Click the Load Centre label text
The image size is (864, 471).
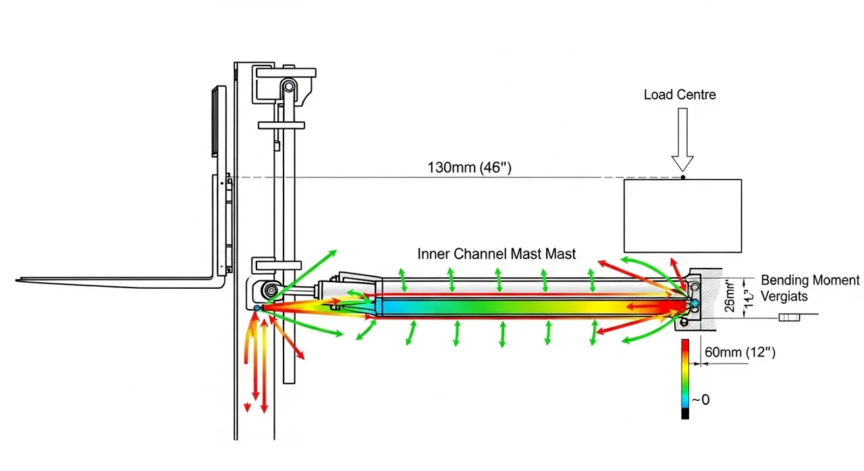click(x=680, y=94)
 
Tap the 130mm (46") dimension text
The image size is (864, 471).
click(x=470, y=167)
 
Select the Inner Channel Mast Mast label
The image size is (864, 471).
click(x=497, y=254)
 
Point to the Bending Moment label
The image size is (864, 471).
click(x=810, y=281)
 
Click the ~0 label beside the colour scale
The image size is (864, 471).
click(x=701, y=399)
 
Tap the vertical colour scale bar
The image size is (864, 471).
click(x=685, y=378)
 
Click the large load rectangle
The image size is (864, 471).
click(x=682, y=215)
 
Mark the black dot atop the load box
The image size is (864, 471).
click(x=682, y=177)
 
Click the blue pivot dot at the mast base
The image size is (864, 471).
click(x=257, y=308)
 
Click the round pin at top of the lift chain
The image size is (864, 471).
click(x=289, y=86)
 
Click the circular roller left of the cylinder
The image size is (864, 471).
click(x=271, y=291)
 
